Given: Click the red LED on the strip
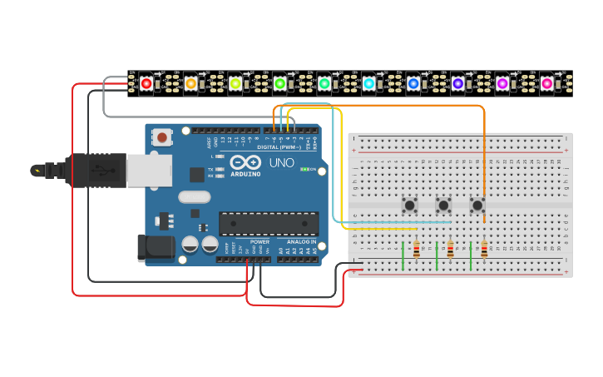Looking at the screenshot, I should [146, 83].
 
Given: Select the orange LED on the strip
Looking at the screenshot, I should [190, 83].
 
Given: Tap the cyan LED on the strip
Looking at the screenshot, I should [368, 83].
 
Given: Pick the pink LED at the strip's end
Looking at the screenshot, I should [546, 83].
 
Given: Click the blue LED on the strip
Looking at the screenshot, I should [413, 83].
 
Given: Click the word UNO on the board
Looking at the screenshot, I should [282, 162].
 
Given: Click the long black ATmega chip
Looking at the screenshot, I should [268, 223].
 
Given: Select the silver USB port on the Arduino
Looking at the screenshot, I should [149, 171].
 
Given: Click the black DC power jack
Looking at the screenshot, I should [155, 247].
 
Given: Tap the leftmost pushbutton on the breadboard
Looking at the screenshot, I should [409, 205].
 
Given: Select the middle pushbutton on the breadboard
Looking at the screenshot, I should [443, 205].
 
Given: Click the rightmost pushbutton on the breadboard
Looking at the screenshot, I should [477, 205].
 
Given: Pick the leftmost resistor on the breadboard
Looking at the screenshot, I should [416, 249].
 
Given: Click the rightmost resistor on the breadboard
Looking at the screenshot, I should [484, 249].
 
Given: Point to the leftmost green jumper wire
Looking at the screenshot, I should [403, 255].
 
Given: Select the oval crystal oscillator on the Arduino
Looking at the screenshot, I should [194, 197].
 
